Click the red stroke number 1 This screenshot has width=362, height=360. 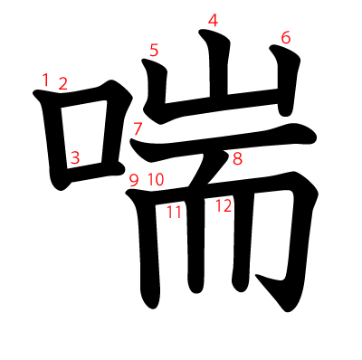point(45,80)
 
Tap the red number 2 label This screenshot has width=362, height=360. point(62,83)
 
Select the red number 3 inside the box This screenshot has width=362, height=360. point(75,157)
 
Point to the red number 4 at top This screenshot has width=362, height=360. point(213,21)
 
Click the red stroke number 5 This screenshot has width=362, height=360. point(154,50)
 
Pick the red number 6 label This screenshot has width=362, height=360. point(286,38)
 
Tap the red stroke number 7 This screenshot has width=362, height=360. point(138,128)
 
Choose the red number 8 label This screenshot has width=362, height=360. point(237,158)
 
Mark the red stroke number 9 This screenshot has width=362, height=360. point(134,180)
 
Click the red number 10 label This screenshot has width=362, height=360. point(156,180)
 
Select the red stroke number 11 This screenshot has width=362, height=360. point(175,212)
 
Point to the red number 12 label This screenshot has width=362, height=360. point(224,206)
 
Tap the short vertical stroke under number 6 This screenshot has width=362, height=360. point(285,81)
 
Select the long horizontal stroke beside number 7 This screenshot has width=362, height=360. point(224,139)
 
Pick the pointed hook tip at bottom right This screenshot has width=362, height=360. point(256,276)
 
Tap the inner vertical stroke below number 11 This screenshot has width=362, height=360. point(195,242)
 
